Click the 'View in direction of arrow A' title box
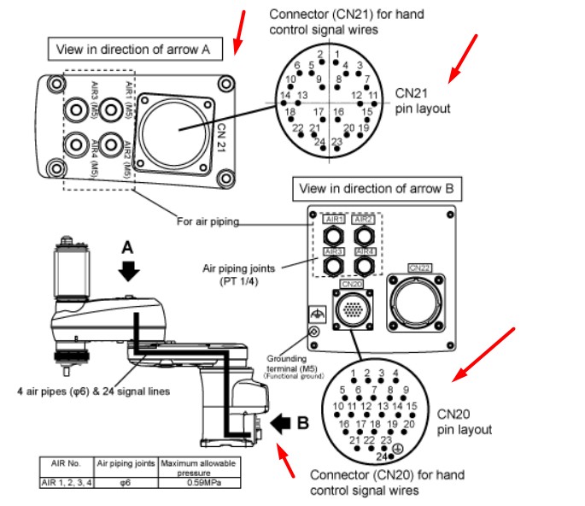(x=134, y=50)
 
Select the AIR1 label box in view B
(x=333, y=220)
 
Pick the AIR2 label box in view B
(x=364, y=220)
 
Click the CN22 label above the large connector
(x=421, y=268)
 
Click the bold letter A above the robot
(x=128, y=247)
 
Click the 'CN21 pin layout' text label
(x=422, y=101)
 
